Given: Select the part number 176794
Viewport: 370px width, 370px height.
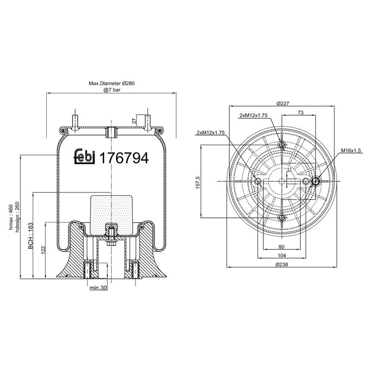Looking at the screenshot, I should coord(124,158).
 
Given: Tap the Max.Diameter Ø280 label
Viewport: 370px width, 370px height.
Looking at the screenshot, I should coord(111,84).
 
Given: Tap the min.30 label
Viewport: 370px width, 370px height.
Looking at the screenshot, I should coord(98,288).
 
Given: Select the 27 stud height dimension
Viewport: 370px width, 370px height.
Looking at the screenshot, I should coord(134,121).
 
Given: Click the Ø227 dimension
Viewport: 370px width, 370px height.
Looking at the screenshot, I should coord(282,104).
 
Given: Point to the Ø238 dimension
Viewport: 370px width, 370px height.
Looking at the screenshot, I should coord(282,264).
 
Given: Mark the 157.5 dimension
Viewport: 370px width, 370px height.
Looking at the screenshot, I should coord(198,182).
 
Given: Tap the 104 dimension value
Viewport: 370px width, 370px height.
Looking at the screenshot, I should coord(282,255).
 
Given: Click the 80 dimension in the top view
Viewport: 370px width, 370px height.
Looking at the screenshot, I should coord(282,247).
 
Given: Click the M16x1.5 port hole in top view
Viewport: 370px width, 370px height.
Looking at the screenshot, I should coord(316,181).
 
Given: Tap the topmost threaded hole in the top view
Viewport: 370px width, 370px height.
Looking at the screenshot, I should coord(282,146).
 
